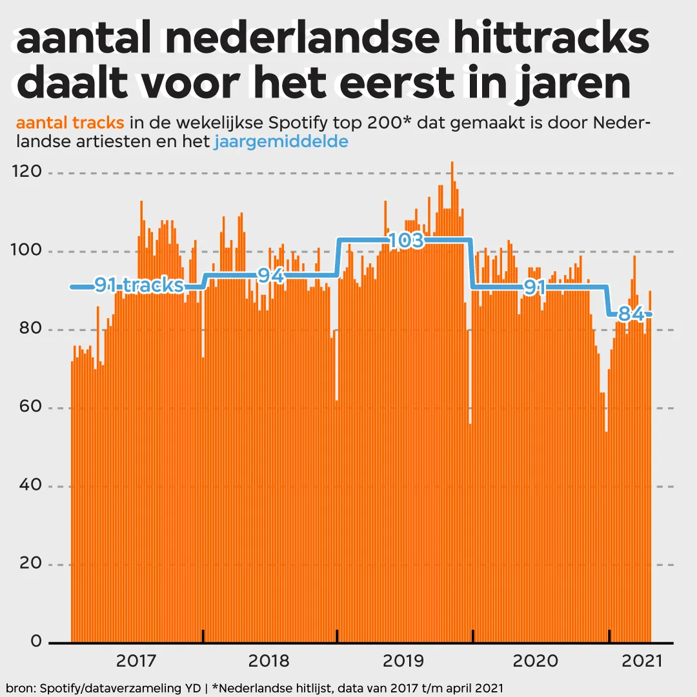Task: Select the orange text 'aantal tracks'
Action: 70,123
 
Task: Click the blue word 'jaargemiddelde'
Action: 281,141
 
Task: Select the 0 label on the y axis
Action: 35,642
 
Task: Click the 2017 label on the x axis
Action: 137,661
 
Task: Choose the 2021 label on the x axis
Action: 641,661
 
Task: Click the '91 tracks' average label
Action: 139,285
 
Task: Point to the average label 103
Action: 406,241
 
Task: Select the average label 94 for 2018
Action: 271,276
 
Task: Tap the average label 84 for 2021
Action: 630,314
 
